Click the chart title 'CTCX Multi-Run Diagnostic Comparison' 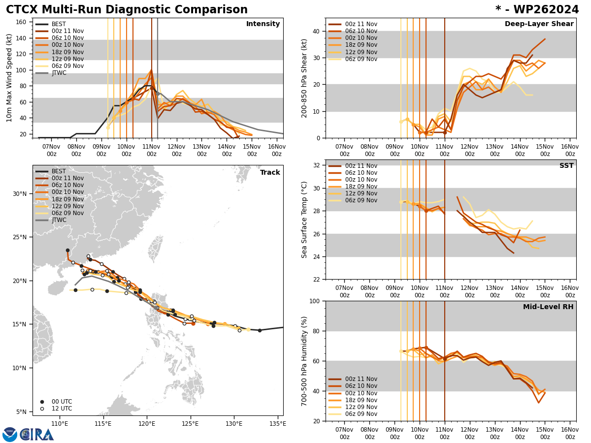point(127,10)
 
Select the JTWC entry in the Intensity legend point(59,73)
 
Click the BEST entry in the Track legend point(59,171)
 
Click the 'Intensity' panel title point(263,24)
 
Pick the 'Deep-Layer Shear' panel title point(539,24)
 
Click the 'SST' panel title point(566,166)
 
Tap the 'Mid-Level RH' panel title point(548,307)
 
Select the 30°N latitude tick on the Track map point(20,193)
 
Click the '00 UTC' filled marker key point(42,402)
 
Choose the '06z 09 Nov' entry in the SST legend point(361,200)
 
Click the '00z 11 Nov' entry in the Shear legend point(361,24)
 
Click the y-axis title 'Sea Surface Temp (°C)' point(304,220)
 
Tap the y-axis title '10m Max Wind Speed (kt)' point(8,78)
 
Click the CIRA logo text point(37,435)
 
